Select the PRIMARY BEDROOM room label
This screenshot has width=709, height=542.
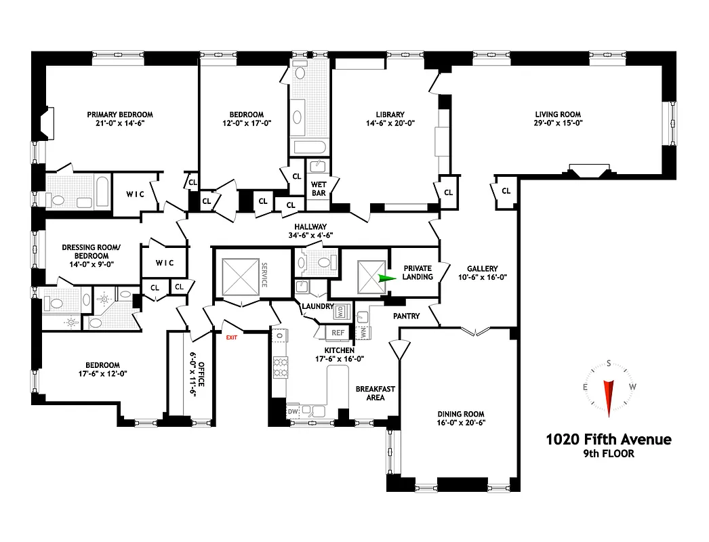[119, 114]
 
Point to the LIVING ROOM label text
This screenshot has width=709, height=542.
[558, 114]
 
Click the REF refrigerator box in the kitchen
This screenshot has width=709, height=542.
[337, 333]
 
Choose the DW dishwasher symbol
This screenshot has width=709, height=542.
[293, 411]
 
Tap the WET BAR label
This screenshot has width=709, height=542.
[319, 188]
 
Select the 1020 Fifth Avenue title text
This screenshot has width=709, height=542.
[608, 439]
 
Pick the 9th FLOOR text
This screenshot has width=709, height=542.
[608, 454]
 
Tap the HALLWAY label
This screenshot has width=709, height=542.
[310, 227]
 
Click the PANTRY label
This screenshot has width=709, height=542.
[406, 316]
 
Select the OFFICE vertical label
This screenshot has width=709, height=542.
[201, 373]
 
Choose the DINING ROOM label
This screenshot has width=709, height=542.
[460, 414]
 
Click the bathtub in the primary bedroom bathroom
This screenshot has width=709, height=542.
[101, 192]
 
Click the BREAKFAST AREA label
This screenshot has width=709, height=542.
[376, 393]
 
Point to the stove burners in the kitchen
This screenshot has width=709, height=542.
[278, 368]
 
